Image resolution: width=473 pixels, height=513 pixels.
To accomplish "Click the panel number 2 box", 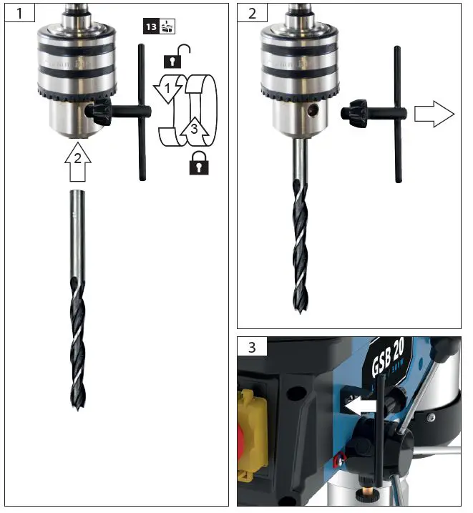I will pos(251,14).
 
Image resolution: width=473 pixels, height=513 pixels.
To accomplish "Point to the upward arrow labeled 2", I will pos(77,163).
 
